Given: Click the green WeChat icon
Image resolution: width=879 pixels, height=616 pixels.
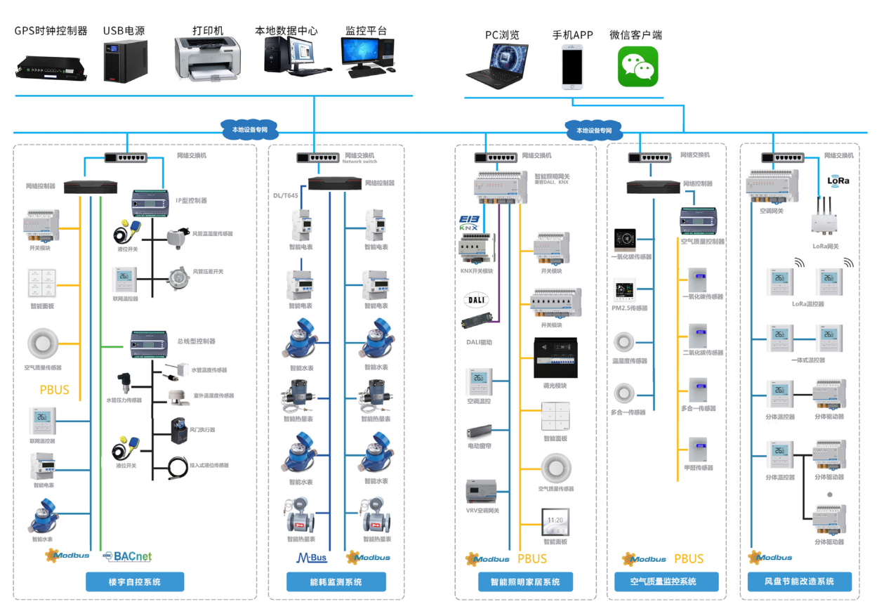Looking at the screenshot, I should tap(637, 67).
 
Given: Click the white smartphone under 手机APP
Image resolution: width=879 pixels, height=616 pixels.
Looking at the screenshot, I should tap(572, 67).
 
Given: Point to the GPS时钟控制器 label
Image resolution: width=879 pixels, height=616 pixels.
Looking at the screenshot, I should tap(51, 31).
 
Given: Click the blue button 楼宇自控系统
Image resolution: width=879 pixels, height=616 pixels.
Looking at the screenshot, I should tap(135, 582).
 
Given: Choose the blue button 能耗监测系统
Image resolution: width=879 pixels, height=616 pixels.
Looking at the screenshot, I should tap(336, 582).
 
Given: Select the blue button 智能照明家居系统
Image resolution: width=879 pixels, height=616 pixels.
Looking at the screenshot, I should tap(525, 582).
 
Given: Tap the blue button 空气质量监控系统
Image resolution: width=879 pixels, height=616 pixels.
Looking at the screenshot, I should tap(663, 582).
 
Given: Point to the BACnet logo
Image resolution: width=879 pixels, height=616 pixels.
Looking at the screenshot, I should tap(127, 556).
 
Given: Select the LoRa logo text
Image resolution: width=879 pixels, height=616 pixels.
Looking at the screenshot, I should tap(838, 181).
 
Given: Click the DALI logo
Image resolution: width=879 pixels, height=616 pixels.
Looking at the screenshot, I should tap(476, 299).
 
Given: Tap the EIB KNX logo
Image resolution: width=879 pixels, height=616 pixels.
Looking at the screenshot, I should tap(468, 223).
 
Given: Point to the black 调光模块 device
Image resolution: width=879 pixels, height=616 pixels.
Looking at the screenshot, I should tap(555, 358).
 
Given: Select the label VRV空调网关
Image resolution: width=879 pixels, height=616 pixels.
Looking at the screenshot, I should tap(482, 511).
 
